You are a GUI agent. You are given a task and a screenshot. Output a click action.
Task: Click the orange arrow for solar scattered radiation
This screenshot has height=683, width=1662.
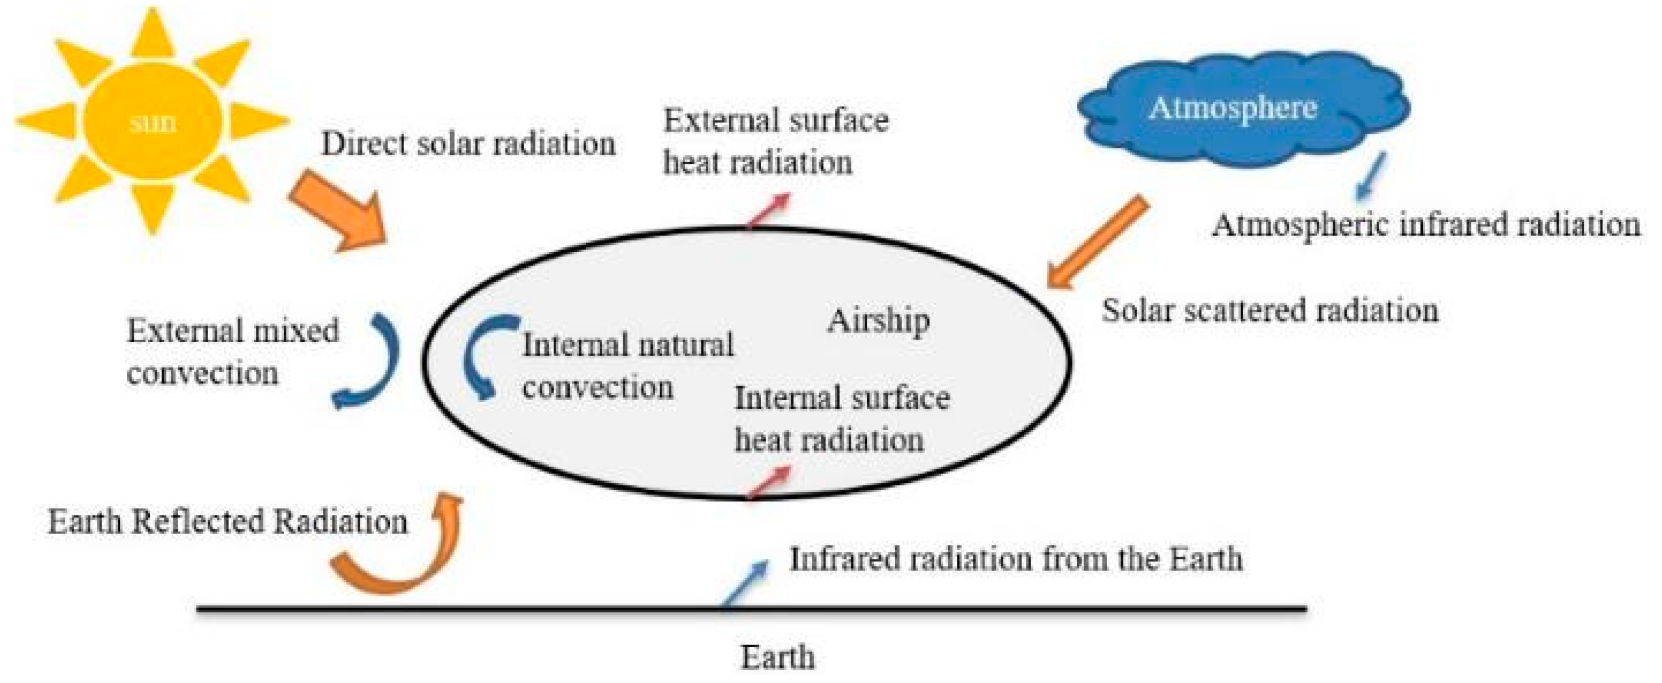(x=1098, y=241)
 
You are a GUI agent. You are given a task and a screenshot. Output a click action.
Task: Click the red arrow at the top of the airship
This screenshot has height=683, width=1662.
(x=768, y=210)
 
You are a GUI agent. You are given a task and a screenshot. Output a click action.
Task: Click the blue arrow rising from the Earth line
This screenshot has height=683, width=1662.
(x=745, y=583)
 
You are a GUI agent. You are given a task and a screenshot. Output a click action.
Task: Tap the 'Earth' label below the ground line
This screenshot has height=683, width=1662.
(x=778, y=657)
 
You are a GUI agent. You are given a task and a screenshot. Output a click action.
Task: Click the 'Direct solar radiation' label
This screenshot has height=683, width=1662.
(x=468, y=144)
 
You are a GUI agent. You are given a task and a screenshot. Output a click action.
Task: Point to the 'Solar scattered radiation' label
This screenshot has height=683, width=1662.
(x=1270, y=310)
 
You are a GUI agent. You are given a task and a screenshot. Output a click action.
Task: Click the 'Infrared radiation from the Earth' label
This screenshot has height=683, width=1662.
(x=1016, y=559)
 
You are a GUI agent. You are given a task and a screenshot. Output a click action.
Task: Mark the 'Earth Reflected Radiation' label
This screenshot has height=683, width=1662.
(x=228, y=521)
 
